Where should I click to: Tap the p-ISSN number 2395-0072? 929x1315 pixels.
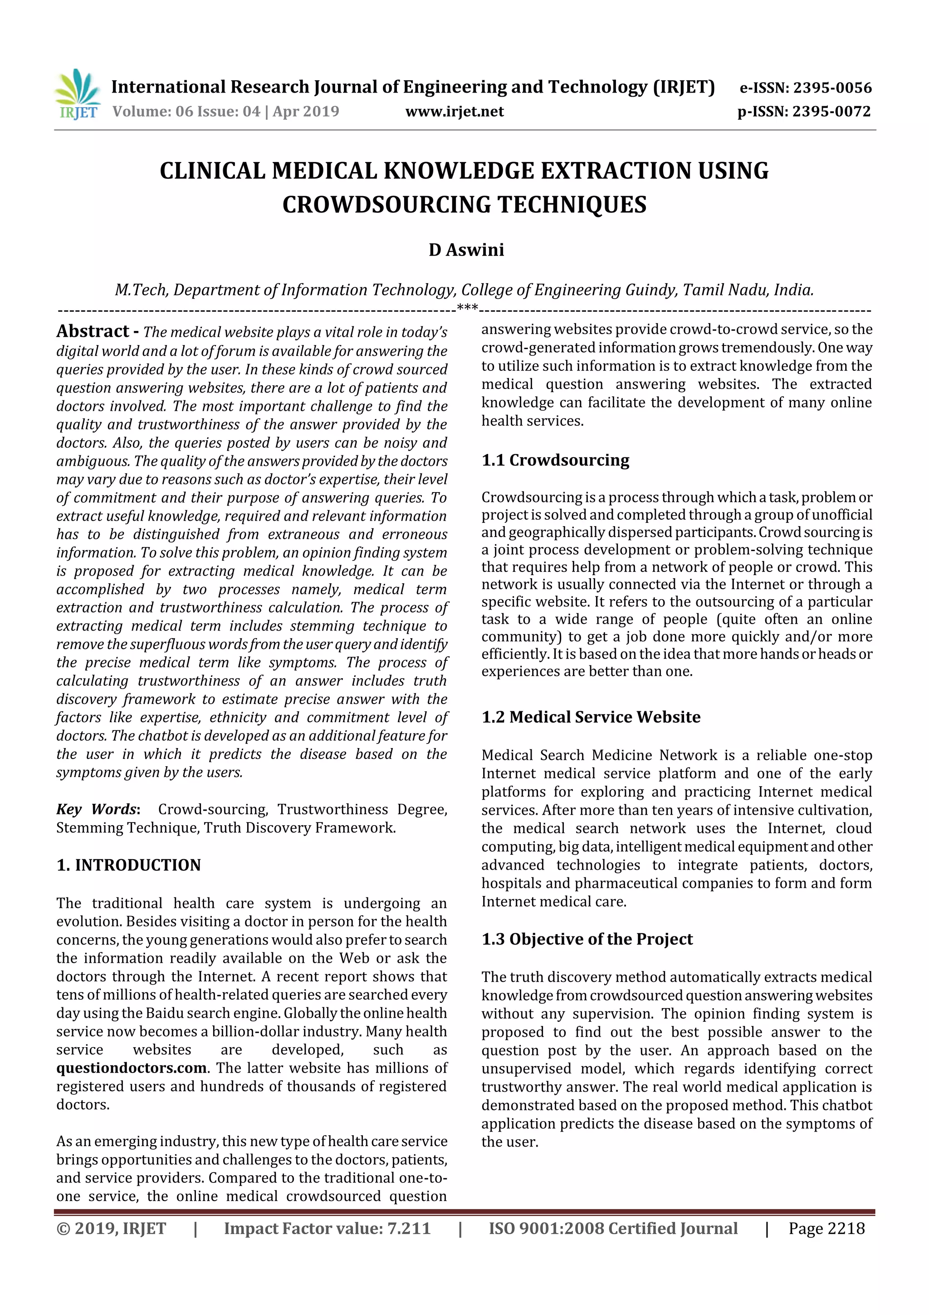(831, 112)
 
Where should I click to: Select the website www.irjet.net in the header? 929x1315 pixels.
(455, 112)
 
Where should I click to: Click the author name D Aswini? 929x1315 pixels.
(466, 250)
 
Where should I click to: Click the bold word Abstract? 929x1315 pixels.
(93, 331)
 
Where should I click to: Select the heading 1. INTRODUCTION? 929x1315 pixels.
(129, 865)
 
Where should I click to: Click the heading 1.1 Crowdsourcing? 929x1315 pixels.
(555, 460)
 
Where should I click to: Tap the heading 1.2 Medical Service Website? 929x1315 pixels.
(591, 717)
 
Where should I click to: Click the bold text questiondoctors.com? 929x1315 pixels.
(132, 1068)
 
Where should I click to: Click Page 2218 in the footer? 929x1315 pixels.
(826, 1228)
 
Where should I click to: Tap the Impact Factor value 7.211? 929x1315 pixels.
(409, 1228)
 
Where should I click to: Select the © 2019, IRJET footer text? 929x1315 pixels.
(111, 1228)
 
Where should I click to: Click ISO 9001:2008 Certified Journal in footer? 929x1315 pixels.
(612, 1228)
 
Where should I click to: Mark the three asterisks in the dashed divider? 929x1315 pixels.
(468, 308)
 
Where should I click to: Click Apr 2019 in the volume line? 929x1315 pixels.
(306, 112)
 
